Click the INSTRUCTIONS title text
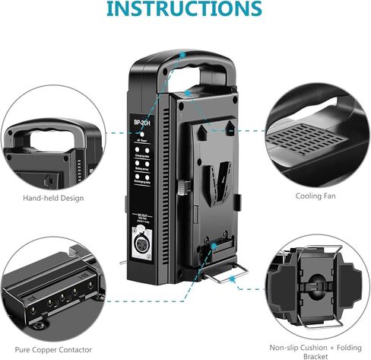tap(185, 11)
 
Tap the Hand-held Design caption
tap(53, 198)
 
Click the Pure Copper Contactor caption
tap(54, 349)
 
